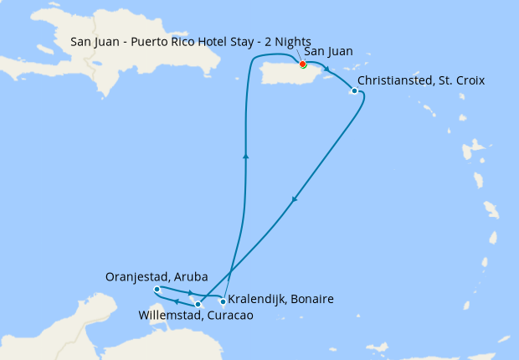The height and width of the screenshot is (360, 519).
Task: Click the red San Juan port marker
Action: tap(302, 64)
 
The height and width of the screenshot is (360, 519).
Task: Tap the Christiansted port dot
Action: tap(355, 90)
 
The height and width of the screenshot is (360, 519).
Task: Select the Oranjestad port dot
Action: tap(157, 289)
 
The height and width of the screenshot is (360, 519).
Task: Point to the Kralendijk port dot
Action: tap(222, 301)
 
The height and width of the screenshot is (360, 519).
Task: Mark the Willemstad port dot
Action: tap(198, 305)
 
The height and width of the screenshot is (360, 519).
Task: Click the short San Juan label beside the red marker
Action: tap(329, 52)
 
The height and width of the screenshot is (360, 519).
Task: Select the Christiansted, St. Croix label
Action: tap(421, 80)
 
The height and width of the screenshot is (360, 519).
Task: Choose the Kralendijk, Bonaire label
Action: tap(281, 299)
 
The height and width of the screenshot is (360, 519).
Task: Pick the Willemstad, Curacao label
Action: tap(195, 316)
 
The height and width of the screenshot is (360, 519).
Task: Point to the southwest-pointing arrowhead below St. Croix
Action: tap(294, 199)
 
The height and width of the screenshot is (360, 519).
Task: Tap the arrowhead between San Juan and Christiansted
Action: tap(326, 69)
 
